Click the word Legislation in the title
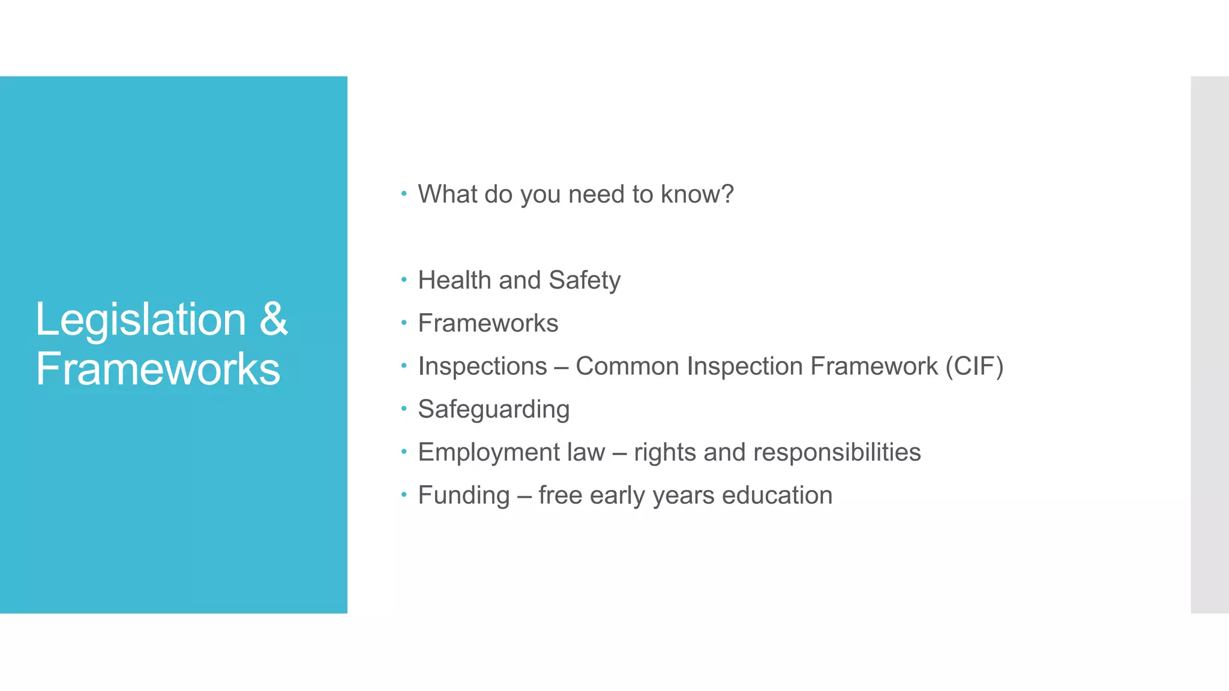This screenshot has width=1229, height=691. tap(140, 320)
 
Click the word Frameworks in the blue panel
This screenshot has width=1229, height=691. tap(158, 368)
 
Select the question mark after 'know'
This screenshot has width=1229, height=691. tap(727, 194)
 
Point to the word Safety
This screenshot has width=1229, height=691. tap(584, 280)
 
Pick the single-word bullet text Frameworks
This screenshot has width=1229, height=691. tap(488, 323)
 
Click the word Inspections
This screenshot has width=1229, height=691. tap(482, 366)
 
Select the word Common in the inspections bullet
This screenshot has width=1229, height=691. tap(627, 366)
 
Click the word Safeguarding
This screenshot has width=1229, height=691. tap(493, 410)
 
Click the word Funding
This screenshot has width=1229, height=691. tap(463, 495)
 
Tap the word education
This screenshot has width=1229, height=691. tap(777, 495)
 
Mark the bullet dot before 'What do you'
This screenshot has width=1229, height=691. tap(404, 193)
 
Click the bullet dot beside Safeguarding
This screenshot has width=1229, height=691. tap(404, 408)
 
